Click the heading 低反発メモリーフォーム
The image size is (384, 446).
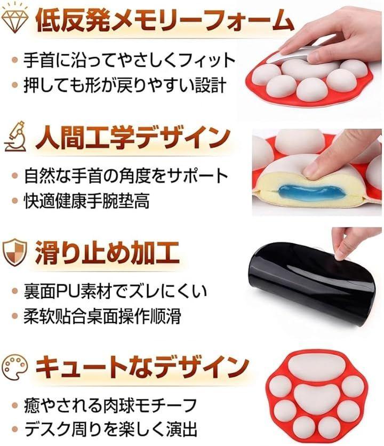[x=164, y=20]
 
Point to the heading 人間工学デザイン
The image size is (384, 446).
[x=133, y=138]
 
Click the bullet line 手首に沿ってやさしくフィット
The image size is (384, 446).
[x=130, y=60]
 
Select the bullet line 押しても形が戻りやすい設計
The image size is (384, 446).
[x=125, y=85]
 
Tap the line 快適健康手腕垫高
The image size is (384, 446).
[x=87, y=201]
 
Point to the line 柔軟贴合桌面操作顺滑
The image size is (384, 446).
[x=102, y=316]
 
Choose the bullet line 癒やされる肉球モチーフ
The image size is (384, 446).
[x=110, y=405]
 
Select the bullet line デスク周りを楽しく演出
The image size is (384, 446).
[x=111, y=429]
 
